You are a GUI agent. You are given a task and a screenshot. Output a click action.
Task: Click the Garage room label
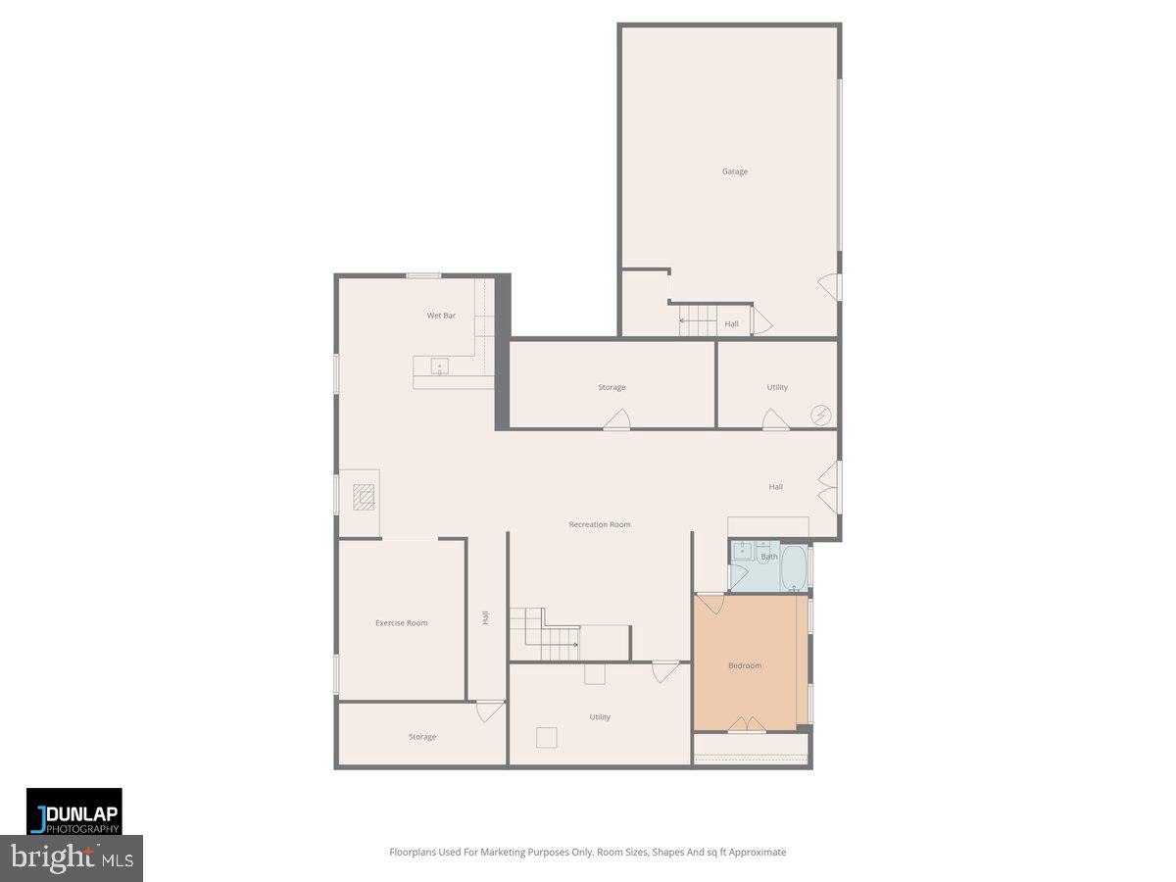tap(734, 171)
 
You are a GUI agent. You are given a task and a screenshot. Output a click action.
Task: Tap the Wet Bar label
tap(441, 316)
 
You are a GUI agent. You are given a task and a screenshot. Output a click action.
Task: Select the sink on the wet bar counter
tap(440, 367)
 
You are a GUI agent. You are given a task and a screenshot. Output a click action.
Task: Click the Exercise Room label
tap(401, 623)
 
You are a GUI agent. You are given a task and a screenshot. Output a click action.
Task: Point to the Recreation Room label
tap(600, 524)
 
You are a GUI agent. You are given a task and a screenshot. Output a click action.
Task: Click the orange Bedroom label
tap(744, 666)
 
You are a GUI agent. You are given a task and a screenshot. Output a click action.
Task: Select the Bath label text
tap(769, 558)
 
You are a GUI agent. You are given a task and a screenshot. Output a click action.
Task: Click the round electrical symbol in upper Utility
tap(820, 416)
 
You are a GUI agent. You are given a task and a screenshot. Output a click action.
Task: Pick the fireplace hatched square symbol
tap(365, 498)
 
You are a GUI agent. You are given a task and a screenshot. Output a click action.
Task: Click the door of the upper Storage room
tap(616, 420)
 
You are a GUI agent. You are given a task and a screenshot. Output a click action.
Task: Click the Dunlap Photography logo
tap(74, 811)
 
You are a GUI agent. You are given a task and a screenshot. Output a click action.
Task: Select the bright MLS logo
tap(71, 858)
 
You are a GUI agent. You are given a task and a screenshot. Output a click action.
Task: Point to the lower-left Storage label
tap(422, 737)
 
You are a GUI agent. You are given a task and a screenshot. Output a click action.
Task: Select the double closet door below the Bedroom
tap(747, 725)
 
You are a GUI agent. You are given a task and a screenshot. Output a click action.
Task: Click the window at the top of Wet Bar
tap(423, 275)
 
